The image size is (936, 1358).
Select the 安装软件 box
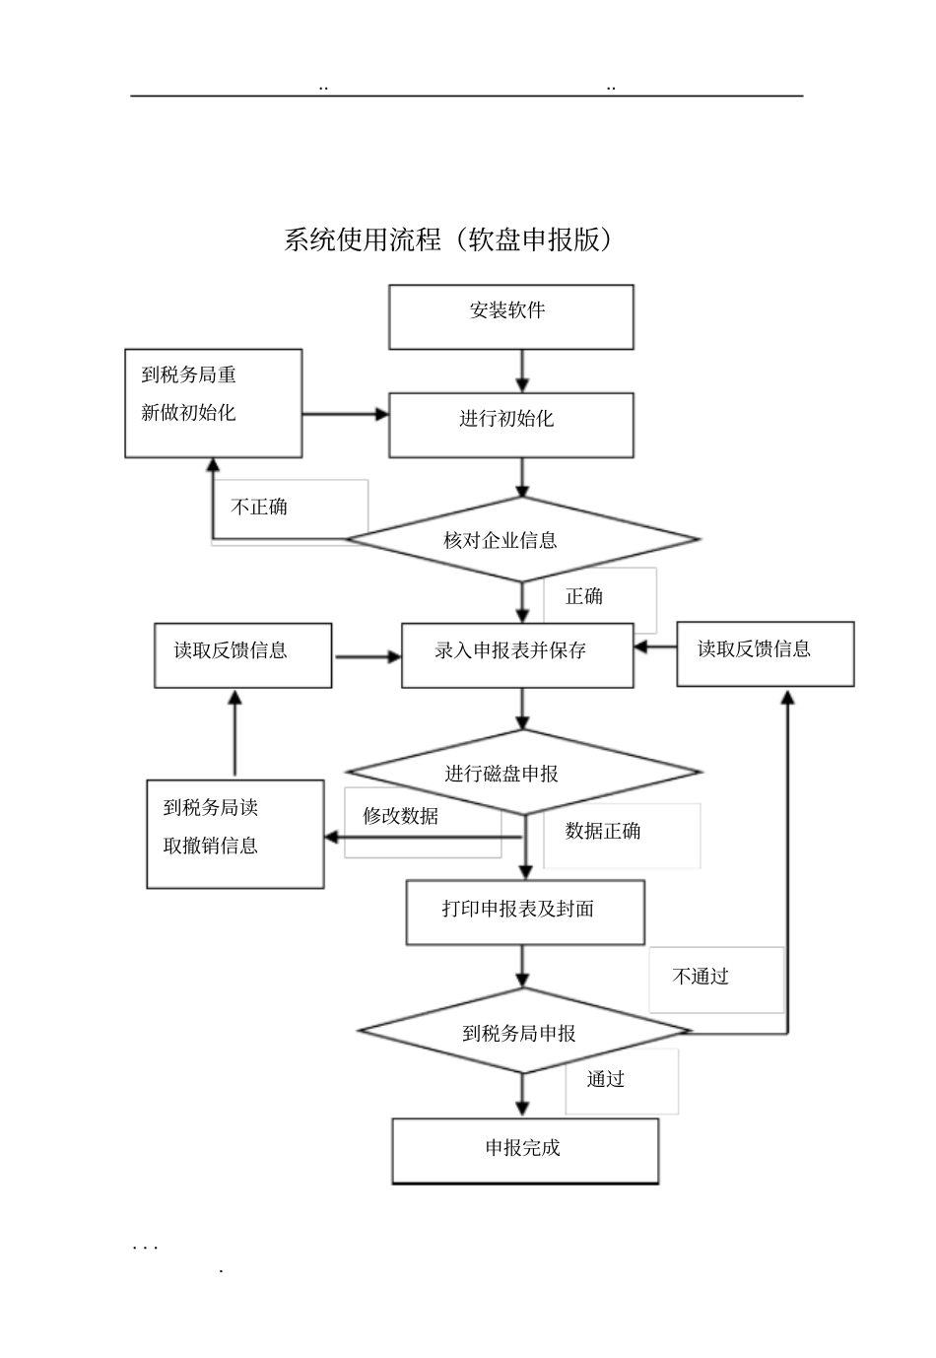[x=510, y=316]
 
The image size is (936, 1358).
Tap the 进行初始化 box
[x=510, y=424]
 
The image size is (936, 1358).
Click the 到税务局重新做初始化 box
[x=213, y=402]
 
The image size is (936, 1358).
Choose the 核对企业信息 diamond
[x=521, y=540]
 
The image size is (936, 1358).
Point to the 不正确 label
[x=259, y=508]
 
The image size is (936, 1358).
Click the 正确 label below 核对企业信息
[x=584, y=596]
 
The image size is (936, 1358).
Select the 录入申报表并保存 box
[x=516, y=654]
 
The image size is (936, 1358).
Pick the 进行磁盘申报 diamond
[x=522, y=773]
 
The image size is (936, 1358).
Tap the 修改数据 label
[x=400, y=816]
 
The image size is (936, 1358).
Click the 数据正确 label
[x=603, y=831]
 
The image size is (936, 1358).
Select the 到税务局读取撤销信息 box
[x=234, y=834]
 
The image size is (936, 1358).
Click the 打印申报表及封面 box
[x=525, y=912]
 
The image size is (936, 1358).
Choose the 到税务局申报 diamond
[x=522, y=1032]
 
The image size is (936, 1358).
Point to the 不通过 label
[x=701, y=977]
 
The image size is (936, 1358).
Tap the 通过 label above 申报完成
[x=606, y=1079]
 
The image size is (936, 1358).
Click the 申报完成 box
[x=525, y=1150]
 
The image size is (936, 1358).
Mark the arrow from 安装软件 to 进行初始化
[x=522, y=371]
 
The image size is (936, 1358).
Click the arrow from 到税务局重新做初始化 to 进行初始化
[x=345, y=415]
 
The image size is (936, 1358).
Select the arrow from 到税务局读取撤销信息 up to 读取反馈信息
[x=234, y=733]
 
